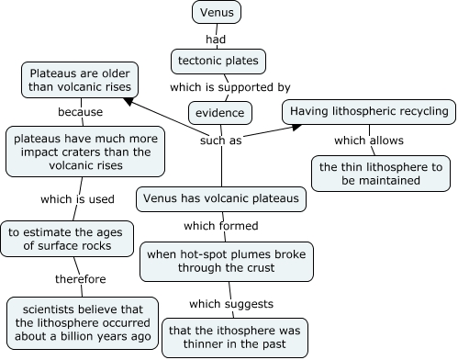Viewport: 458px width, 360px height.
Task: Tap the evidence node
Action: (x=220, y=113)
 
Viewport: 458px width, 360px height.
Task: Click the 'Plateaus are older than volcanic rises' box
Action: (x=80, y=79)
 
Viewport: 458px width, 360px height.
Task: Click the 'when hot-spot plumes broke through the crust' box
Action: (x=228, y=261)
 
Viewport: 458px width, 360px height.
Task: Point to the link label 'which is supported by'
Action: (x=229, y=87)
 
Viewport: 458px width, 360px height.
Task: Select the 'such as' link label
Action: (x=221, y=141)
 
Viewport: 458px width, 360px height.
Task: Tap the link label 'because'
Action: (x=80, y=112)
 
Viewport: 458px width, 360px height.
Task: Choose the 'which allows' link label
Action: (x=368, y=141)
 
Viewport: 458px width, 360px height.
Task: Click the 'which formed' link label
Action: (x=220, y=225)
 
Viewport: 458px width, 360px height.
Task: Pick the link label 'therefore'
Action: (x=80, y=279)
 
